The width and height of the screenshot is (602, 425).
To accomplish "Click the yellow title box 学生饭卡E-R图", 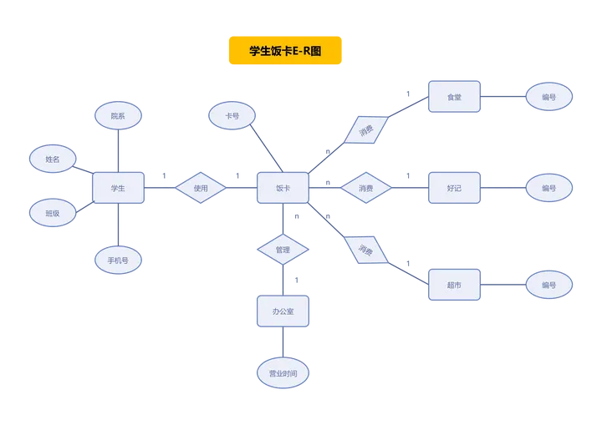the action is (x=285, y=50).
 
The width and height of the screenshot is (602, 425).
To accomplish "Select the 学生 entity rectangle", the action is (x=118, y=188).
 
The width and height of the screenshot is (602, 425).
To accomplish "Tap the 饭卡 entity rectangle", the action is (x=283, y=188).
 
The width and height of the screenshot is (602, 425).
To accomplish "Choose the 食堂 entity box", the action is (x=454, y=97).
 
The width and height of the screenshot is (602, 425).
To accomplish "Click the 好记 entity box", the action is (x=454, y=188).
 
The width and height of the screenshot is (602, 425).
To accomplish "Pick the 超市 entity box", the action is (x=454, y=285).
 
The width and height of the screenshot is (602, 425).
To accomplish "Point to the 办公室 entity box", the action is (x=283, y=311).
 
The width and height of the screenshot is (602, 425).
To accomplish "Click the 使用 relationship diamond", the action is (x=201, y=188).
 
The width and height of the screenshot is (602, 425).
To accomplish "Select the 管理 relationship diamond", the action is (x=283, y=250).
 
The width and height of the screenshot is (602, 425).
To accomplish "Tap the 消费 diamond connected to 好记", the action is (x=366, y=188).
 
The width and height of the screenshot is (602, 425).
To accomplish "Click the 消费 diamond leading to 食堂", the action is (x=366, y=130).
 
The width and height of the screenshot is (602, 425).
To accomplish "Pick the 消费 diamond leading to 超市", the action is (x=366, y=250).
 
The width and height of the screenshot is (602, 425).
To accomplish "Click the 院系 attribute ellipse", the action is (x=118, y=115).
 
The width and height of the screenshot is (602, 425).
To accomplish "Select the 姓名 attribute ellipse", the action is (x=53, y=159).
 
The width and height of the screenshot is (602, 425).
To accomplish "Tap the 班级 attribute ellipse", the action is (x=53, y=213).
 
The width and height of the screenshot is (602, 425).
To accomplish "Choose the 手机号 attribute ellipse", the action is (x=118, y=260).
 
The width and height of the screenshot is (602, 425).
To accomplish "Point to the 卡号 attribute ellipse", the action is (x=232, y=115).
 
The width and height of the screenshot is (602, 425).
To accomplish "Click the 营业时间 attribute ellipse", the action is (x=283, y=373).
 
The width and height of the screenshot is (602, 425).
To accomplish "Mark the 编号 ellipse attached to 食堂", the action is (x=549, y=97).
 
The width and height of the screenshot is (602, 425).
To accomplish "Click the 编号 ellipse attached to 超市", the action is (x=549, y=285).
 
